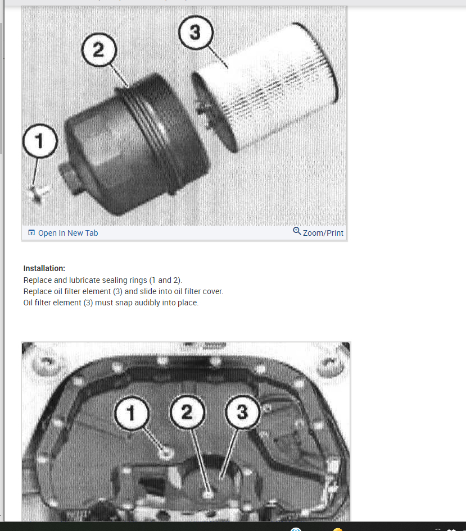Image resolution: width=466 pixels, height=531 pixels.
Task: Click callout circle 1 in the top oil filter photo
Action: point(40,141)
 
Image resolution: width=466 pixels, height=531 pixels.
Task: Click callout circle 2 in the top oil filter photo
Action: point(99,50)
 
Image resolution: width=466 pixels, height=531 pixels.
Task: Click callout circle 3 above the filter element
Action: point(196,33)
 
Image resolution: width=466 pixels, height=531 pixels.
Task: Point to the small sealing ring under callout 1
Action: point(38,194)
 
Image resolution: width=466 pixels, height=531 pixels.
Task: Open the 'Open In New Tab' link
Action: point(68,233)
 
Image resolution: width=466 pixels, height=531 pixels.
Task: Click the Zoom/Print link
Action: point(323,233)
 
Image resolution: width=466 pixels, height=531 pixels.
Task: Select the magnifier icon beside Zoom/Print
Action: point(297,231)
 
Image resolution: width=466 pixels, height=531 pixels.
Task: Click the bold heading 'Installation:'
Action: point(44,268)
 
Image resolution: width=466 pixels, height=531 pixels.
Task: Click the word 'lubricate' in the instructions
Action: point(84,280)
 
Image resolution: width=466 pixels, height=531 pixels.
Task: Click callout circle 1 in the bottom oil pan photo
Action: point(132,413)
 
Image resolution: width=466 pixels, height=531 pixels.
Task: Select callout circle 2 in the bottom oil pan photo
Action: point(187,412)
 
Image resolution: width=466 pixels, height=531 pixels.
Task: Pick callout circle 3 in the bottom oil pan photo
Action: point(242,412)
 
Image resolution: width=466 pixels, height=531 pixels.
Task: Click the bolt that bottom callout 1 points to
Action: point(166,453)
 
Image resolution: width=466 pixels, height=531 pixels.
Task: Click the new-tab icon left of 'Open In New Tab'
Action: point(31,232)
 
